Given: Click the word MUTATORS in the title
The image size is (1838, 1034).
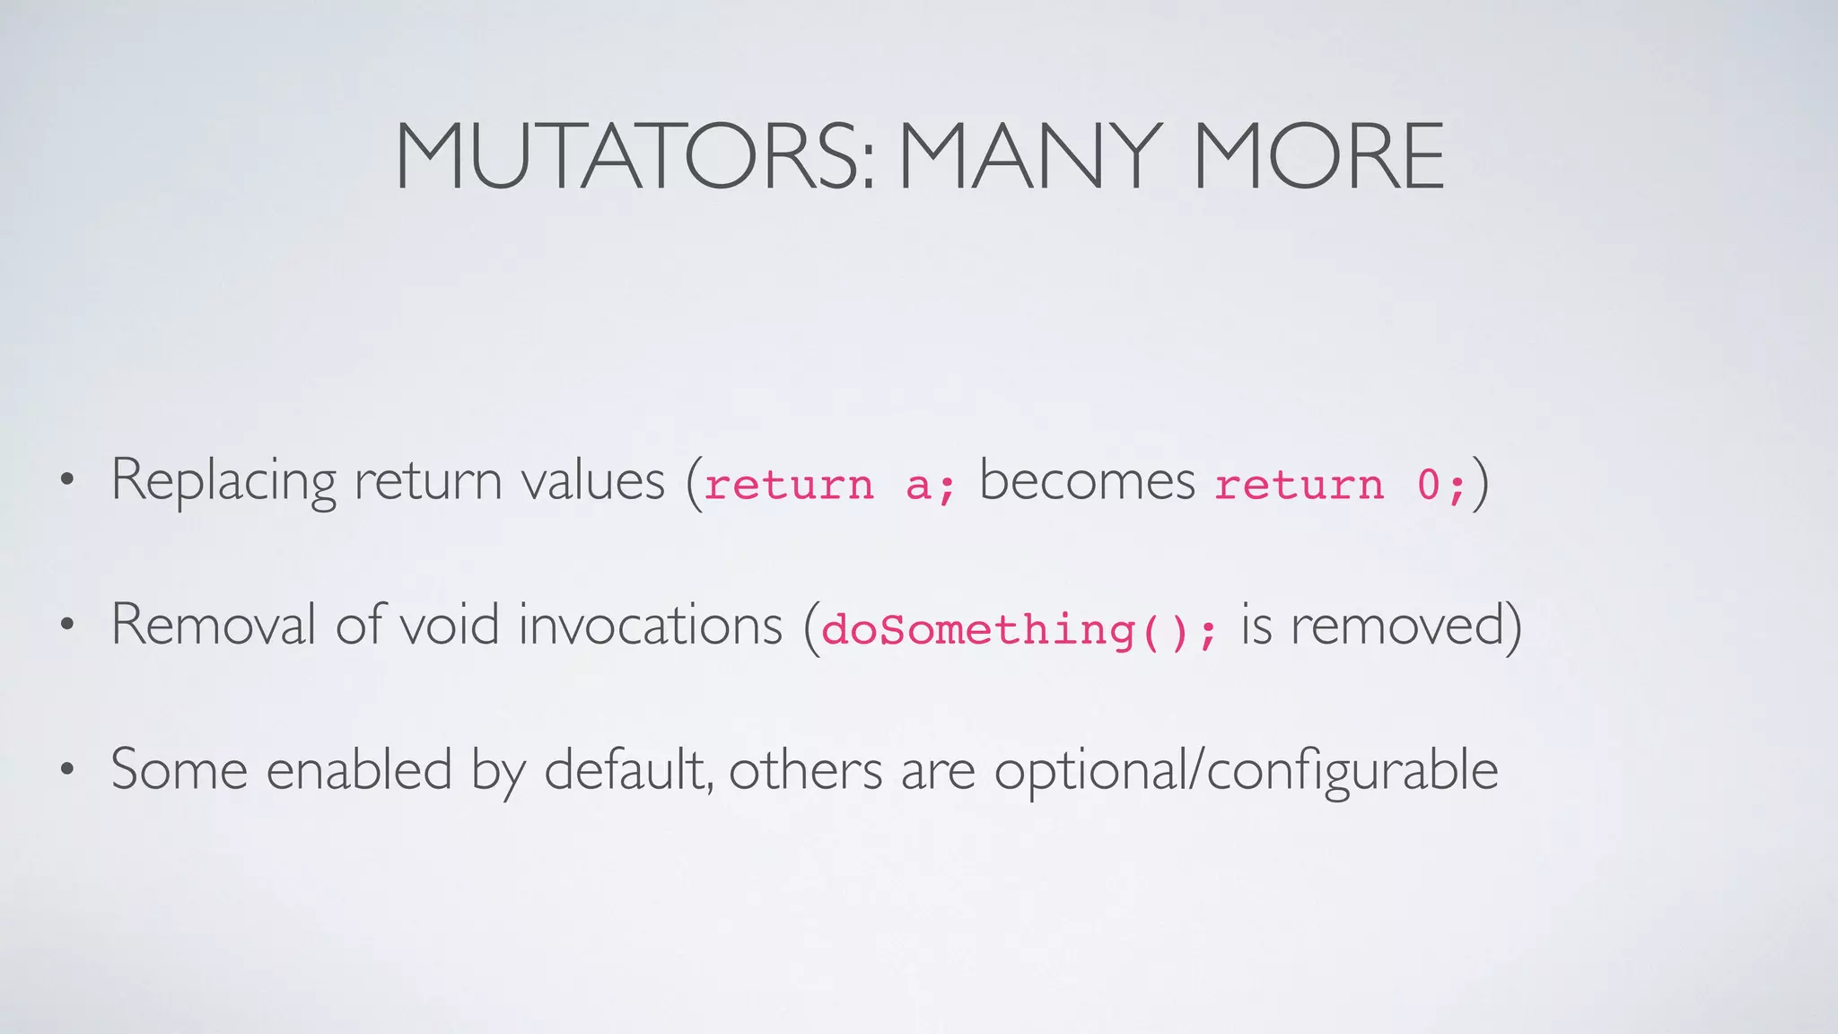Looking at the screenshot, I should pyautogui.click(x=633, y=157).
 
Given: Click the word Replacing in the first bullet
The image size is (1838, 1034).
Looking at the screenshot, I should pyautogui.click(x=223, y=482).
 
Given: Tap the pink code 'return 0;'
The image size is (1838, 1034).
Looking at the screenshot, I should pyautogui.click(x=1340, y=485).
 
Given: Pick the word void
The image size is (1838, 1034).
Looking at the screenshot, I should pyautogui.click(x=449, y=625).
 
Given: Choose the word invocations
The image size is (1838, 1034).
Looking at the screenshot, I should pyautogui.click(x=651, y=625).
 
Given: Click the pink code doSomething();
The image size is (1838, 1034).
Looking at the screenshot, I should pyautogui.click(x=1020, y=629).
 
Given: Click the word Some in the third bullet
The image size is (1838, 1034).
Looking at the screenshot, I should pyautogui.click(x=179, y=769).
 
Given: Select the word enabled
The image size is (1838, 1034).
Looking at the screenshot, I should pyautogui.click(x=359, y=769).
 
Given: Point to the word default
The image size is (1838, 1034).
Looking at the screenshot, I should pyautogui.click(x=628, y=769).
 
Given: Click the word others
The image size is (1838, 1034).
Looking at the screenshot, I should pyautogui.click(x=805, y=771).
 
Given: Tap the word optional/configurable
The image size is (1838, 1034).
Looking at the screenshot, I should pyautogui.click(x=1246, y=771).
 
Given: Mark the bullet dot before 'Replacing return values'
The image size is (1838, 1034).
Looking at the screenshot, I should pyautogui.click(x=66, y=482).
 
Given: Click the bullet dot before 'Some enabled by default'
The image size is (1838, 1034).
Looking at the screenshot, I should pyautogui.click(x=66, y=770).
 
